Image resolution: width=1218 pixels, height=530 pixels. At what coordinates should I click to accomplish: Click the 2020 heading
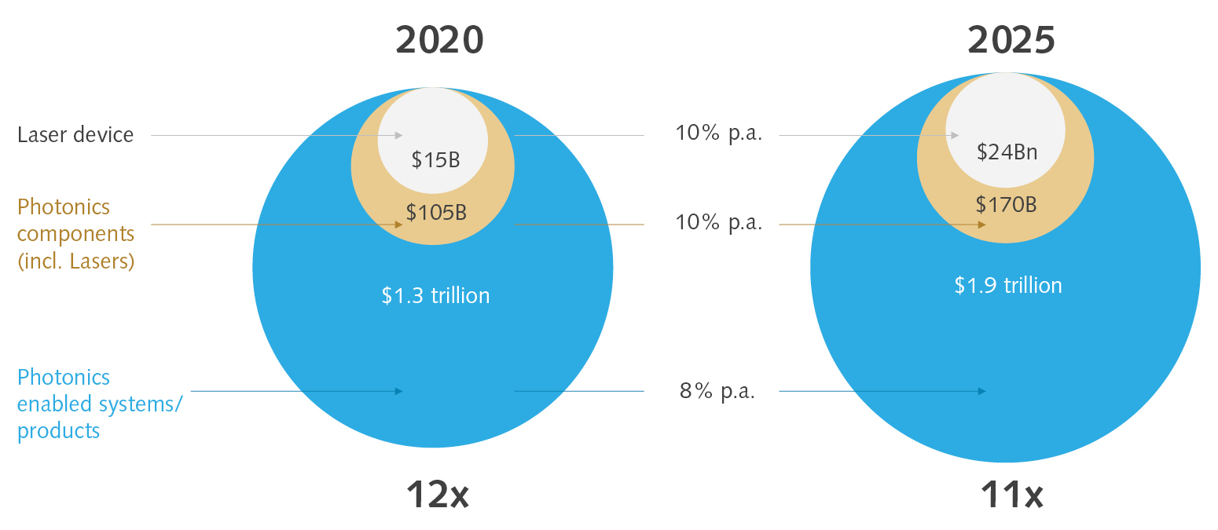tap(439, 41)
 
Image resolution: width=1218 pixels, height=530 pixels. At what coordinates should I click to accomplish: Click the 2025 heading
tap(1011, 41)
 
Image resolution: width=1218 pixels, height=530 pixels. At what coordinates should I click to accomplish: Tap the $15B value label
tap(435, 160)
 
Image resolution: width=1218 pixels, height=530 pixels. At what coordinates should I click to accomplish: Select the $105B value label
tap(436, 212)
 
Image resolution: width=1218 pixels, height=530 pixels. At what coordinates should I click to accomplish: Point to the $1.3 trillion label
tap(435, 296)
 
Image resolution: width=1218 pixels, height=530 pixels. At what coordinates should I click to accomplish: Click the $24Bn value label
tap(1007, 152)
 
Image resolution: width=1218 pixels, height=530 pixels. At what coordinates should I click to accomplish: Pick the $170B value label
tap(1006, 205)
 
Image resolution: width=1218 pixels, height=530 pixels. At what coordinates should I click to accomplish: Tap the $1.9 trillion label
tap(1008, 285)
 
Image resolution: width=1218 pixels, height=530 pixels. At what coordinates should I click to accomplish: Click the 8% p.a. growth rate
tap(717, 391)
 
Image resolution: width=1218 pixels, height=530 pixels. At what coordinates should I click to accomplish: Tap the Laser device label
tap(75, 135)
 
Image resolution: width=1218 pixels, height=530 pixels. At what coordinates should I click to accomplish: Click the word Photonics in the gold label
tap(64, 207)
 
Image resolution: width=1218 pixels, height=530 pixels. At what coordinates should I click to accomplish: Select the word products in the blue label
tap(58, 431)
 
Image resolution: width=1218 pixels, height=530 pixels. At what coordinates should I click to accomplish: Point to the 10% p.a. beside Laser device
tap(718, 133)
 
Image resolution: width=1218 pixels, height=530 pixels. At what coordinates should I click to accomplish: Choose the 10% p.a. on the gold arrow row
tap(718, 223)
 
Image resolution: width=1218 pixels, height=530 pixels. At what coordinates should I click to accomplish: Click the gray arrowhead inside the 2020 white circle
tap(399, 136)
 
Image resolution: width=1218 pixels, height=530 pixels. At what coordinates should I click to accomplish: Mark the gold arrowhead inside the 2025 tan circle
tap(982, 225)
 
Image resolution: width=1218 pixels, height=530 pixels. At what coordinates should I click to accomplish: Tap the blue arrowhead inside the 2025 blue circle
tap(982, 391)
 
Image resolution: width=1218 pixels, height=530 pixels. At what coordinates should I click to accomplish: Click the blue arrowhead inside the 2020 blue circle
tap(399, 391)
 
